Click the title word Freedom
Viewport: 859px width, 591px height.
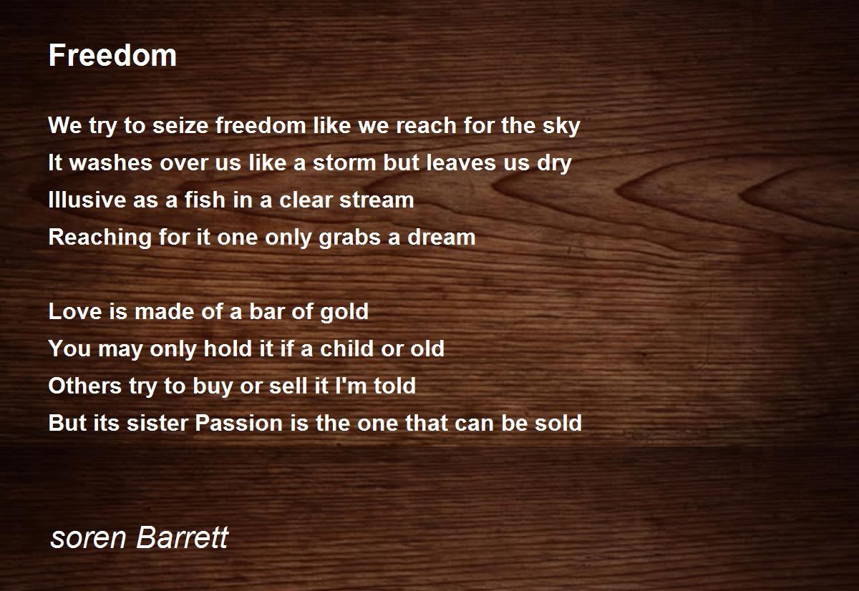pyautogui.click(x=112, y=55)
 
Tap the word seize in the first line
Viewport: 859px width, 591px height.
pyautogui.click(x=180, y=125)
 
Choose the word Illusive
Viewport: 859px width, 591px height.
pyautogui.click(x=87, y=200)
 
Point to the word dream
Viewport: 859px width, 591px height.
pyautogui.click(x=442, y=237)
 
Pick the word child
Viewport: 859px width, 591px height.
pyautogui.click(x=346, y=348)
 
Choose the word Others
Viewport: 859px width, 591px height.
pyautogui.click(x=85, y=386)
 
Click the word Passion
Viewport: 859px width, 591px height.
pyautogui.click(x=239, y=423)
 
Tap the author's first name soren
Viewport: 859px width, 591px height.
pyautogui.click(x=88, y=538)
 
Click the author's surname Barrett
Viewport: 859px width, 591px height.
pyautogui.click(x=183, y=537)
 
